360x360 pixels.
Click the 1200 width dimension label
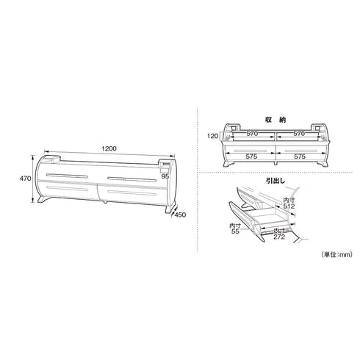tap(109, 148)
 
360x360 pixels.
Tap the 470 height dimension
tap(25, 179)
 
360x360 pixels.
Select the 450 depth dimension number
tap(180, 215)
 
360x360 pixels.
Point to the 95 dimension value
tap(165, 176)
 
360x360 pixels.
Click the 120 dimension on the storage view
tap(212, 136)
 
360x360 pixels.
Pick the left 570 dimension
tap(252, 134)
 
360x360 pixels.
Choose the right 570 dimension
tap(299, 134)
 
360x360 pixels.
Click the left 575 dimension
tap(251, 156)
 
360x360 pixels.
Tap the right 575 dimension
tap(300, 156)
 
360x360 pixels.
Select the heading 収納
tap(276, 120)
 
